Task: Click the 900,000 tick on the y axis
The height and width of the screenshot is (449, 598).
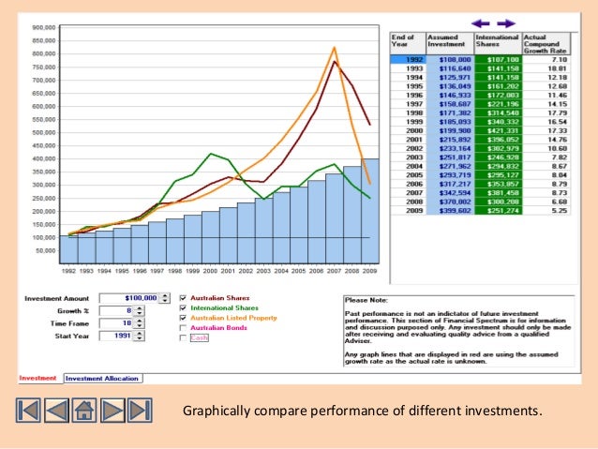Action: pos(40,27)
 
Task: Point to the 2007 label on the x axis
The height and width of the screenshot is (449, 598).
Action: pos(335,271)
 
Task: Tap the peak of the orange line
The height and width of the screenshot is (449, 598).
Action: pos(335,47)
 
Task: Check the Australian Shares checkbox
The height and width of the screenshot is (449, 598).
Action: pos(184,297)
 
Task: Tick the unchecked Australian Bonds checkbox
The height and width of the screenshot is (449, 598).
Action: pos(184,328)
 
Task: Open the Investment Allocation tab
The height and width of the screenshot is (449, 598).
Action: pos(103,379)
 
